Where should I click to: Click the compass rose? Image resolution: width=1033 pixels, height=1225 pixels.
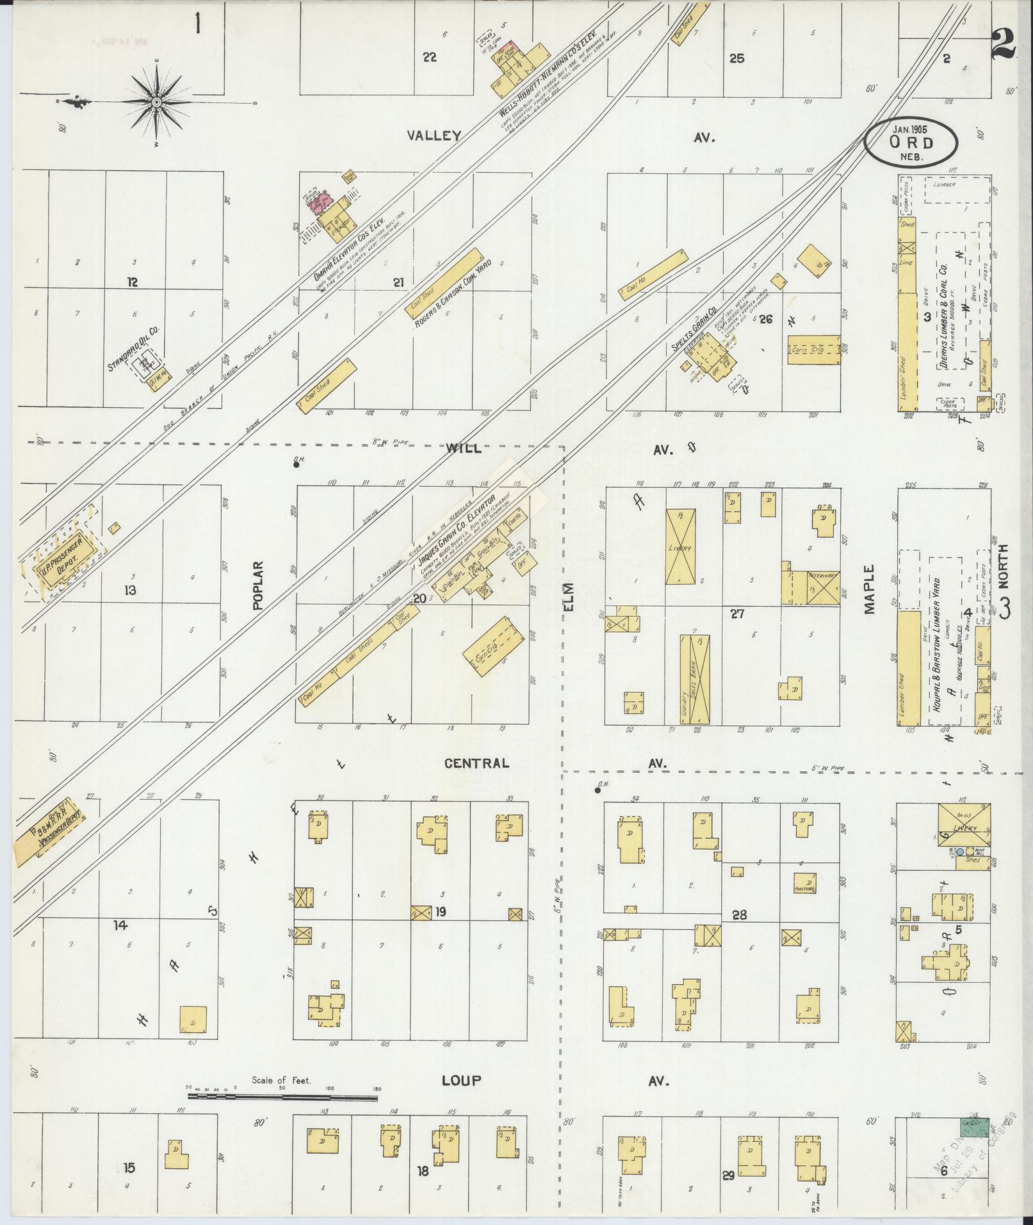click(157, 102)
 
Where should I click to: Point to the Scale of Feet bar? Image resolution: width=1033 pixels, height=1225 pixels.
click(282, 1096)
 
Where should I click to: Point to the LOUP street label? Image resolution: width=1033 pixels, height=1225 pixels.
click(461, 1080)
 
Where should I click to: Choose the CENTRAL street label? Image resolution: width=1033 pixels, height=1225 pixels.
click(477, 763)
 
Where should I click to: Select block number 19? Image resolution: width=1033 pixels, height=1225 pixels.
click(441, 913)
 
